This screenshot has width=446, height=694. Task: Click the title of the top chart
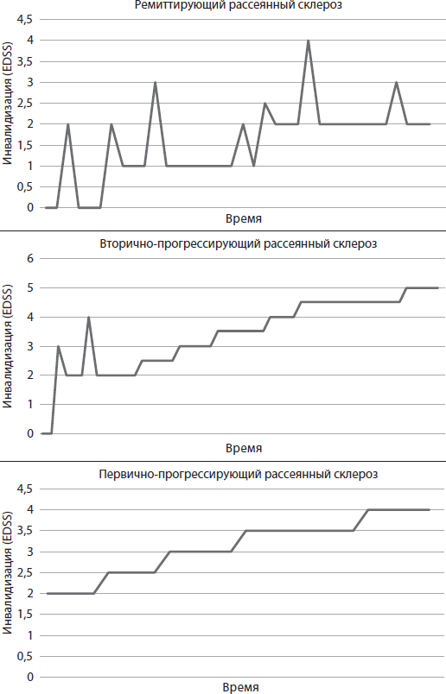[238, 5]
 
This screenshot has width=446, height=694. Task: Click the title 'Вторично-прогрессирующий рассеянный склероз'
[238, 243]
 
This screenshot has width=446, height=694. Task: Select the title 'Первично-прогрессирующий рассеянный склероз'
[238, 474]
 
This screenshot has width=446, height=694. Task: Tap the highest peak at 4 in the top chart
[308, 41]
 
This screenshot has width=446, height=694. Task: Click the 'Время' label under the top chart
[243, 219]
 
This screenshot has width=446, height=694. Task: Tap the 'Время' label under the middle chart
[243, 449]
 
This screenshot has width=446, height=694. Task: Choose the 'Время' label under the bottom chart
[243, 688]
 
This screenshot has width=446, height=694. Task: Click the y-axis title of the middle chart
[8, 345]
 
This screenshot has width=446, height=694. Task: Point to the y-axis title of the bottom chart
[8, 583]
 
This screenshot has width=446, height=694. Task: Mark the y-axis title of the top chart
[8, 113]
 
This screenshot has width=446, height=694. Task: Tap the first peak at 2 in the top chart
[67, 124]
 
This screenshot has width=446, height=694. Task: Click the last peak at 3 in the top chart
[396, 83]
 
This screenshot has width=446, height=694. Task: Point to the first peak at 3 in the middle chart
[58, 346]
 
